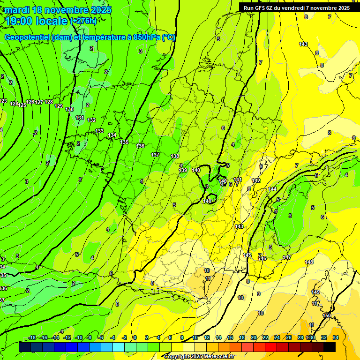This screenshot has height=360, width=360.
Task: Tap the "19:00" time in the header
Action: point(20,21)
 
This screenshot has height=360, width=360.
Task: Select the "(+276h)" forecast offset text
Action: point(83,21)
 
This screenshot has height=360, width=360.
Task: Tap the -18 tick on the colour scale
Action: point(32,338)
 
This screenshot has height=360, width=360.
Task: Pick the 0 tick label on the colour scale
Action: point(135,338)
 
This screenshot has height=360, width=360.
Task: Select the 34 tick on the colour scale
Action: point(336,338)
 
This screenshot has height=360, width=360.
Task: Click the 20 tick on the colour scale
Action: point(253,338)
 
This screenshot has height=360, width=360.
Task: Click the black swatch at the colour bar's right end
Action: point(330,347)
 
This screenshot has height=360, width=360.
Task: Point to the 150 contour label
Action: point(327,316)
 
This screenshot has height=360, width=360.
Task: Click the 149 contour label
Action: point(315,292)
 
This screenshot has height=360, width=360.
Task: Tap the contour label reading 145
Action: point(247,255)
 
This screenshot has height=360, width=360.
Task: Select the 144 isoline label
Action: point(272,189)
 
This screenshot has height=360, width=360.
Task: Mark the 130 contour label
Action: point(69,109)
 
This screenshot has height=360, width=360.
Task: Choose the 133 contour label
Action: point(99,131)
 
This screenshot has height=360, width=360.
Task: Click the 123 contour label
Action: point(3,101)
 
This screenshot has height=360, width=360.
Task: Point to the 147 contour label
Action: point(287,257)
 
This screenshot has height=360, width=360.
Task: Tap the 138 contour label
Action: point(175,156)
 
